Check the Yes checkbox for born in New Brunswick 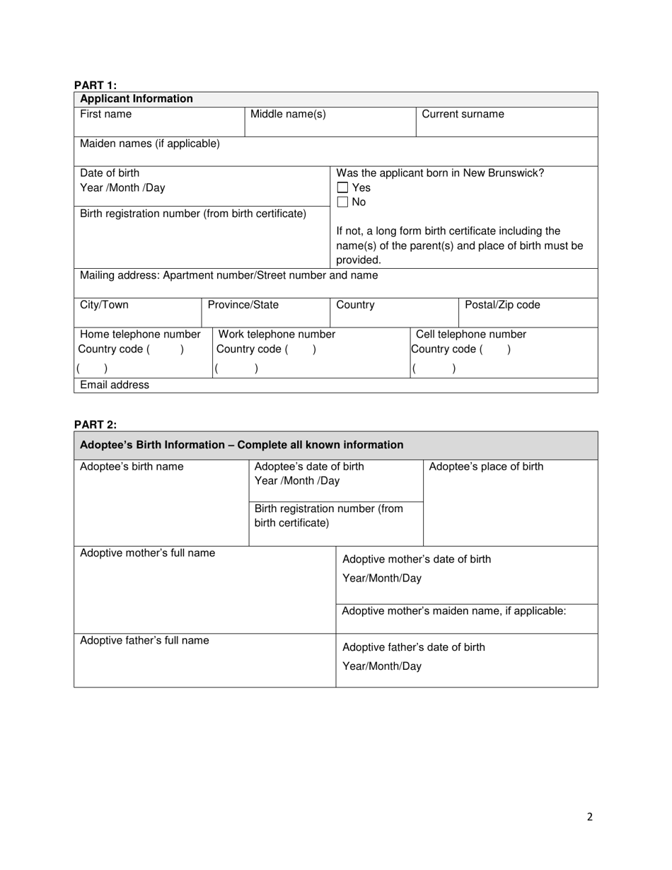click(342, 188)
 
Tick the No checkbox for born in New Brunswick click(342, 202)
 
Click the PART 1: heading click(95, 86)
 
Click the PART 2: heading click(95, 424)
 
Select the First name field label click(105, 115)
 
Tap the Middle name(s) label click(288, 115)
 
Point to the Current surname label click(463, 115)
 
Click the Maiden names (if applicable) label click(150, 144)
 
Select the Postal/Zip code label click(502, 305)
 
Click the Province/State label click(243, 305)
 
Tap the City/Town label click(104, 305)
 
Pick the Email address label click(115, 385)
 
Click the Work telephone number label click(277, 334)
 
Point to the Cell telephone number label click(470, 334)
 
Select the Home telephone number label click(140, 334)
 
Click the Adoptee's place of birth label click(486, 466)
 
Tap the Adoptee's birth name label click(132, 466)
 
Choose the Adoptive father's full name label click(144, 640)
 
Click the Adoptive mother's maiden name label click(453, 610)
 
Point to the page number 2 click(589, 817)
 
